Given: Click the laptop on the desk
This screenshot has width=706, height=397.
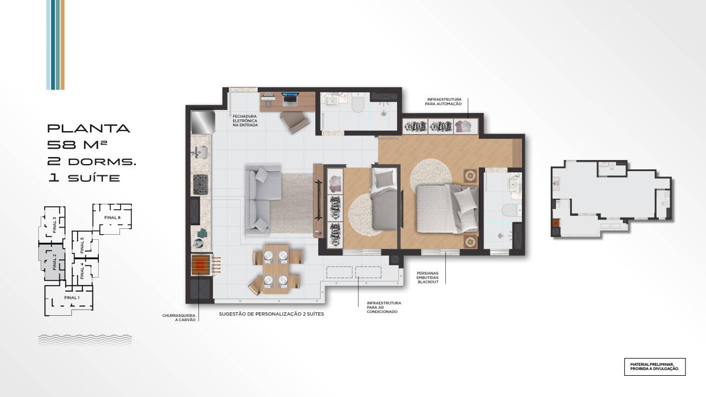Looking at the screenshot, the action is pos(289,98).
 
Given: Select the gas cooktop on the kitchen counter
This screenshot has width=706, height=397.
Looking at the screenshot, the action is pos(201,185).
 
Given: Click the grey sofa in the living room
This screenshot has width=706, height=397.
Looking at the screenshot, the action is pos(262,200).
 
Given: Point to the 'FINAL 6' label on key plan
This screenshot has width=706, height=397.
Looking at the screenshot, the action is pos(112,218).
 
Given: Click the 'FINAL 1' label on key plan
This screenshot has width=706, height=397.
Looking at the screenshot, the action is pos(72,298).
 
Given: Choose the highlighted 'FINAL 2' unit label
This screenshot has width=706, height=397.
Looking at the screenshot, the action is pos(54,262).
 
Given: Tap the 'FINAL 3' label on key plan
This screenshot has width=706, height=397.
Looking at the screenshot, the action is pos(54,225).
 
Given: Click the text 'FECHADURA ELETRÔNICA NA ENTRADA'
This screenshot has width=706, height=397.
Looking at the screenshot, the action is pos(245,121).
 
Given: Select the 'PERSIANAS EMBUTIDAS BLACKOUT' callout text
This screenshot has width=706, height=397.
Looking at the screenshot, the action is pos(428,278).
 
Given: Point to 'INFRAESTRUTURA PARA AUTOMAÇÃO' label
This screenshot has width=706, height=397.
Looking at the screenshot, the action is pos(443,101).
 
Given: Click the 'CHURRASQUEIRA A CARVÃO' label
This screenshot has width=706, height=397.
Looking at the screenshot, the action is pos(179,318).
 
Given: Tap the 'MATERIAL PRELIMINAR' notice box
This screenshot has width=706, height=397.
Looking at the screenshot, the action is pos(655,367).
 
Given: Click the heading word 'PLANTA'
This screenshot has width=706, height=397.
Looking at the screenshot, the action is pos(89,128).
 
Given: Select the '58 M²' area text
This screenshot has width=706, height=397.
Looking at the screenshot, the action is pos(77,145).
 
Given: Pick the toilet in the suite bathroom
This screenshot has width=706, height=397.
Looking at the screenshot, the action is pos(511,210).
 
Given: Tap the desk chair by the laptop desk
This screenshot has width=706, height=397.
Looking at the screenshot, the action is pos(294,122).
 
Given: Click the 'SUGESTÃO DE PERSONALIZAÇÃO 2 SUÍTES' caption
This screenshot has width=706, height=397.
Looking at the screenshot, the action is pos(271,314).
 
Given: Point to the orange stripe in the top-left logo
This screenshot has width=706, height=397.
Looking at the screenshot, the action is pos(62,45).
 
